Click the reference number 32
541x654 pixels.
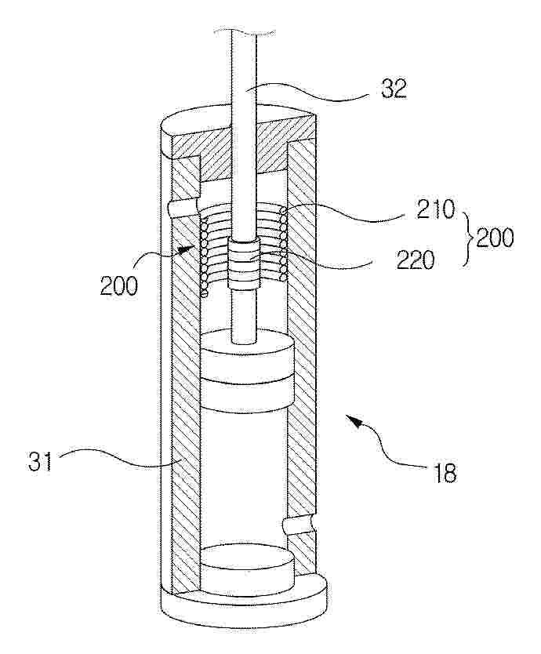point(394,89)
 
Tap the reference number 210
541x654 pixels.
point(435,209)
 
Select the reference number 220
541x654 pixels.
point(416,260)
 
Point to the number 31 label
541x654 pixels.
point(40,461)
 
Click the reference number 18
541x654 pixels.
point(445,474)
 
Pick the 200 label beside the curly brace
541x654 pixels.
point(495,238)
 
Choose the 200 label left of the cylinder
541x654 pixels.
point(119,286)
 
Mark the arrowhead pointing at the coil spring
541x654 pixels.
point(187,249)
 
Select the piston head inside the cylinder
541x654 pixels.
point(248,371)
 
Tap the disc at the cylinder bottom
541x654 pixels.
point(248,570)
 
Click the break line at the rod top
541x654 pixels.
point(244,31)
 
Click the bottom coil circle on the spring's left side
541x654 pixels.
point(205,294)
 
